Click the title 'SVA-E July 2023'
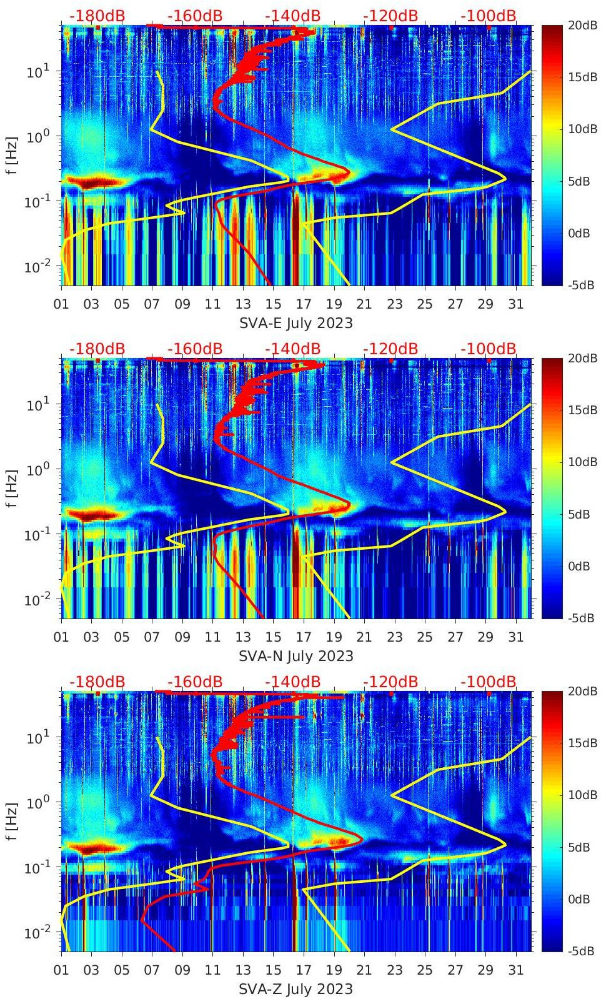click(x=296, y=323)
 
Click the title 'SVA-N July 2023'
click(x=296, y=656)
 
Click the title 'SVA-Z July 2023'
click(x=296, y=989)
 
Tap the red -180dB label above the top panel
click(x=97, y=16)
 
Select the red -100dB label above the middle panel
click(x=489, y=349)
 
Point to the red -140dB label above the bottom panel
click(x=292, y=682)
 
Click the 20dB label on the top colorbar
click(x=582, y=26)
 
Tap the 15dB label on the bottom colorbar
click(x=582, y=743)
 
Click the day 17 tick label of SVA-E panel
click(x=304, y=304)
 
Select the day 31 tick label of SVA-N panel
click(x=515, y=637)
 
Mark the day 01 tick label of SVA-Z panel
click(x=61, y=970)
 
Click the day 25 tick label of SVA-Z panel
click(x=425, y=970)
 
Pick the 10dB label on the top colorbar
click(x=582, y=129)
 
